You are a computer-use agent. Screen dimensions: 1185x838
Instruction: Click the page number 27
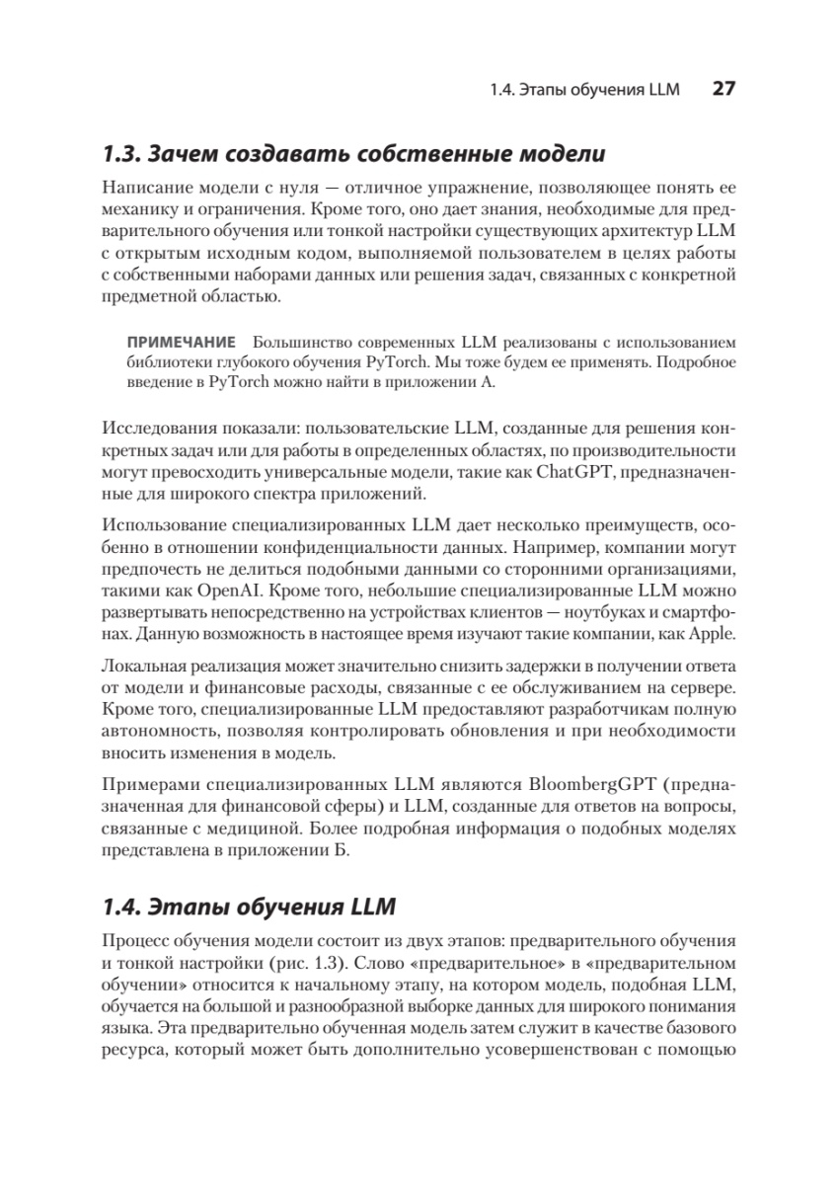click(x=723, y=89)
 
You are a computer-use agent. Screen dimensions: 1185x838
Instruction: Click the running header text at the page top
click(x=584, y=90)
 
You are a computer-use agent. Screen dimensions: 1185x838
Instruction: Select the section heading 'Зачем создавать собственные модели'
click(x=376, y=154)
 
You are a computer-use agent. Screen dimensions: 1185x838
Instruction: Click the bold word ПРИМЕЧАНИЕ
click(x=181, y=344)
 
